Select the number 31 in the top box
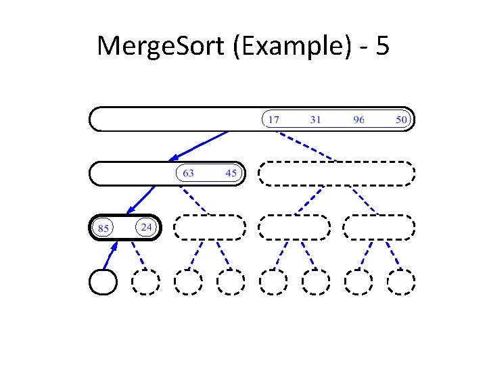(315, 120)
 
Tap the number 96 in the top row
(358, 120)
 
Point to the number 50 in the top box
(402, 120)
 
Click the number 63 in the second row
(188, 173)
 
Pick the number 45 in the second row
(231, 173)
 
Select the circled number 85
(103, 228)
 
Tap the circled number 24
(145, 226)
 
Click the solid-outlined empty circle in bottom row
(103, 282)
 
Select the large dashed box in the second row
(336, 173)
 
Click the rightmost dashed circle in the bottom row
(400, 282)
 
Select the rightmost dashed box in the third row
(379, 227)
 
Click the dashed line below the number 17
(308, 146)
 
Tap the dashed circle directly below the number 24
(145, 282)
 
